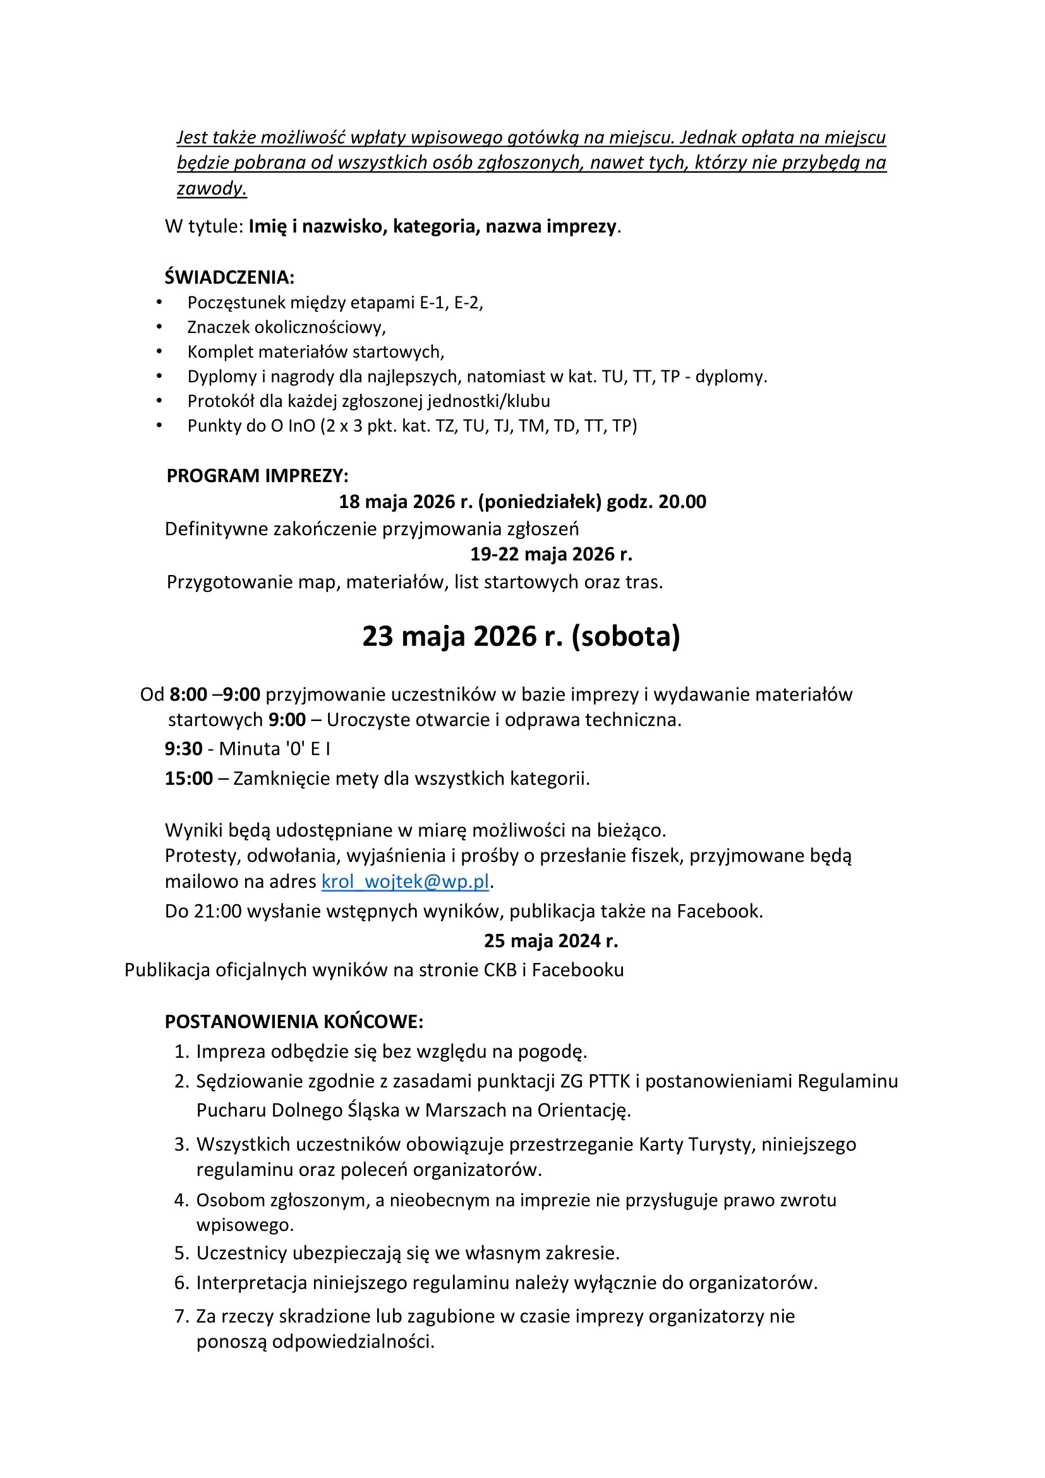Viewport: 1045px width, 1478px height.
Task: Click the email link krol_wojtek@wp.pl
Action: pos(405,881)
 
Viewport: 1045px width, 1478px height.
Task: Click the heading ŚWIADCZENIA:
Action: pos(229,277)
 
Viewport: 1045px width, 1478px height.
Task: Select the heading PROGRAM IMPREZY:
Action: pos(257,476)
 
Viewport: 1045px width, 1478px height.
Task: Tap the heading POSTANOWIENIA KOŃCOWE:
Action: pos(294,1022)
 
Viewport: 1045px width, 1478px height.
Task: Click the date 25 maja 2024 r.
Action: pos(551,941)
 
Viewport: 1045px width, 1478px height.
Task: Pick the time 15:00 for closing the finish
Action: pos(188,778)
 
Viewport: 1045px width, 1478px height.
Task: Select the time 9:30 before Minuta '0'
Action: pos(183,749)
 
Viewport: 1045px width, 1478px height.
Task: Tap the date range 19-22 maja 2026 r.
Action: pos(551,554)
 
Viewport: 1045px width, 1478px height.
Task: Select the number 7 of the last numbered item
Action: pos(180,1316)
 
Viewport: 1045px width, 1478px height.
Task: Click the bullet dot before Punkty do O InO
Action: pos(159,425)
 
